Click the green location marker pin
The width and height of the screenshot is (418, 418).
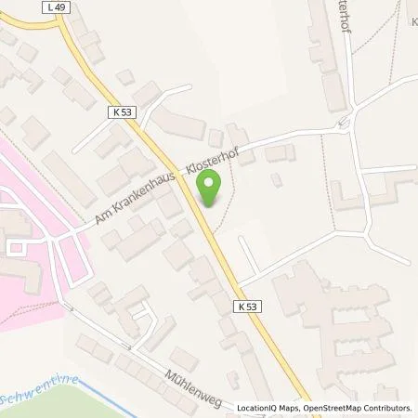210,190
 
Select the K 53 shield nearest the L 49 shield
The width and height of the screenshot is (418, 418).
117,111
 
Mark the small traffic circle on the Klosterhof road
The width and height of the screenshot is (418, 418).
343,123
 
